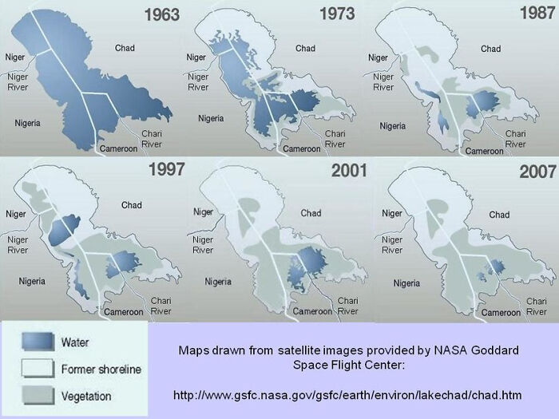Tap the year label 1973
[x=337, y=14]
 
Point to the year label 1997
[x=166, y=169]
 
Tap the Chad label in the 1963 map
[x=125, y=49]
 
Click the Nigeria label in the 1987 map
[x=392, y=126]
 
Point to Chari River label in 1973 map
[x=334, y=138]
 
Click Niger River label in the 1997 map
[x=18, y=244]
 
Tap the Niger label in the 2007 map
[x=391, y=213]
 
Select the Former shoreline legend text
[x=101, y=370]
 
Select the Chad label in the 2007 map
[x=499, y=214]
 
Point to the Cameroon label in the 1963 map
[x=117, y=148]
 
